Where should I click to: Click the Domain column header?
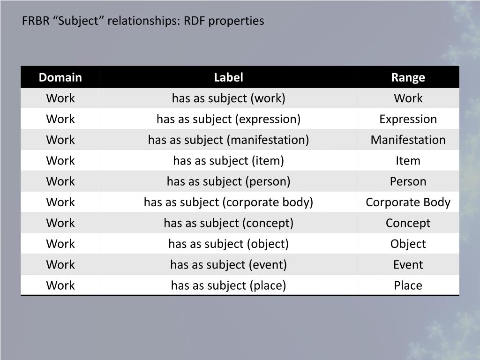pos(60,77)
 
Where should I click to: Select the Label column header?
pos(228,77)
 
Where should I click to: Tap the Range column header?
pos(408,77)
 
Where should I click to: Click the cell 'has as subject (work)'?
pos(228,98)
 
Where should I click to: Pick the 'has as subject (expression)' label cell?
pos(228,119)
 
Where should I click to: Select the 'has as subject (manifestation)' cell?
pos(228,140)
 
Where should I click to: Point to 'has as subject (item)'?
pos(228,161)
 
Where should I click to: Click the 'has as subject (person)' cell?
pos(228,181)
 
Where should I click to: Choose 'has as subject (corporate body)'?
pos(228,202)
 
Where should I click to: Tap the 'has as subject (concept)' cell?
pos(228,223)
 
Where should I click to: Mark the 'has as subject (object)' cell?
pos(228,244)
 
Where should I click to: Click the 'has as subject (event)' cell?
pos(228,264)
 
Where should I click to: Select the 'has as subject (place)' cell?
pos(228,285)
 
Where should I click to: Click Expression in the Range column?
pos(408,119)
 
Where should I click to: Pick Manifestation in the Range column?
pos(408,140)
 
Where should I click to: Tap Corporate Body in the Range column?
pos(408,202)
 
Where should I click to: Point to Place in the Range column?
pos(408,285)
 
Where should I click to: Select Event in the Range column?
pos(408,264)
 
